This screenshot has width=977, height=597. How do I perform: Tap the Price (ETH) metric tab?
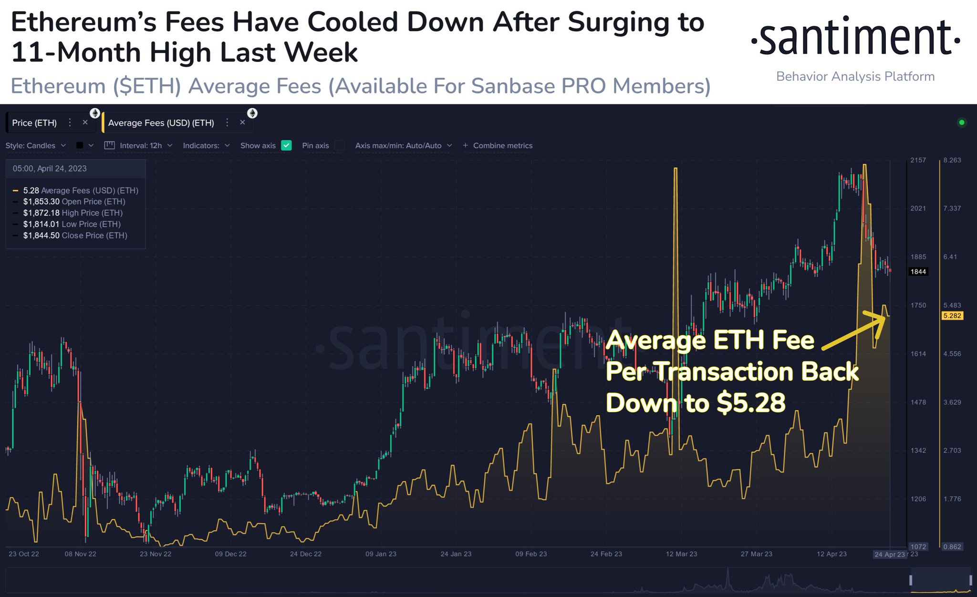click(x=34, y=123)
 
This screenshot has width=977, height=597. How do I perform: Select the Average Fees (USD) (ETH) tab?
click(x=161, y=123)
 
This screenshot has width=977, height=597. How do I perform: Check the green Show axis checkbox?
click(x=286, y=145)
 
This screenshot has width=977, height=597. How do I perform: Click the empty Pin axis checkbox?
click(x=339, y=145)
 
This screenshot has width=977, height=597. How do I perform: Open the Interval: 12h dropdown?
click(x=140, y=145)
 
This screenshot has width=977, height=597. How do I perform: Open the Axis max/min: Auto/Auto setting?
click(x=403, y=145)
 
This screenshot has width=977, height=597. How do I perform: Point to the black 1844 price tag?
click(x=918, y=272)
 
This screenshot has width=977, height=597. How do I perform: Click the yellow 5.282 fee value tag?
click(x=952, y=316)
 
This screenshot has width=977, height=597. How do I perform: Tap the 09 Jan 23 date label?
click(x=381, y=554)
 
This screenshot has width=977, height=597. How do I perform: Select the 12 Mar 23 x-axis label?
click(x=681, y=554)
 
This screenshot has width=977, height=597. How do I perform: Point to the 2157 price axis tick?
click(x=918, y=160)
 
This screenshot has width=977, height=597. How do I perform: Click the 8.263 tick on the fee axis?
click(x=952, y=160)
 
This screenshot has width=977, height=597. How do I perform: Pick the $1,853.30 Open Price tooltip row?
click(x=74, y=202)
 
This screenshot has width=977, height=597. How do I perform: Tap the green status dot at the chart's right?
click(x=962, y=123)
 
